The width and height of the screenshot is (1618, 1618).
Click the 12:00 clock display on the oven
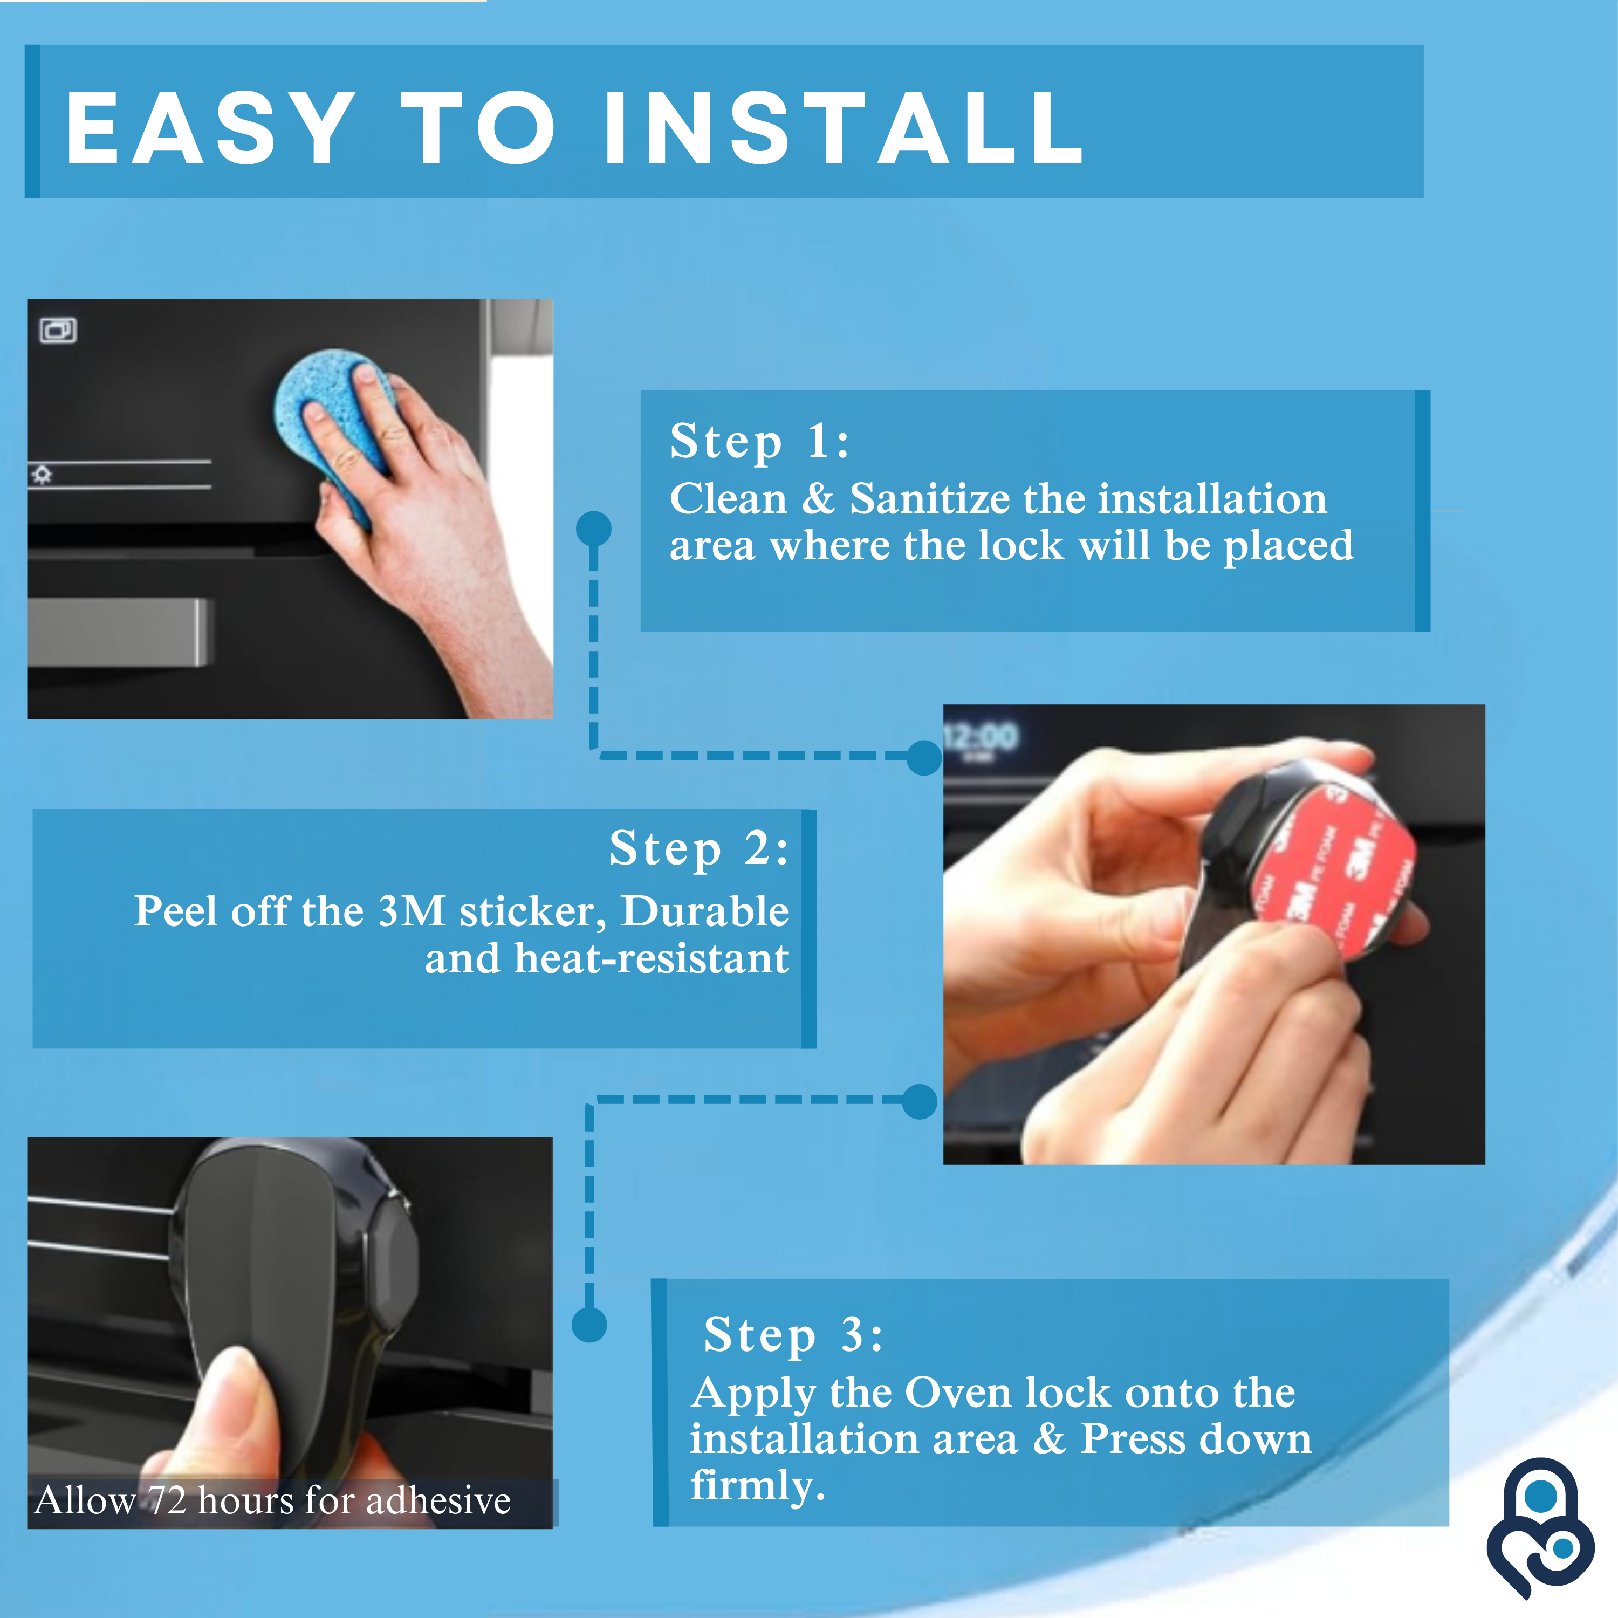982,737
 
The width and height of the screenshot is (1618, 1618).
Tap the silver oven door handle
117,632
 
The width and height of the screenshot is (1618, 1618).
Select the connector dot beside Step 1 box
594,529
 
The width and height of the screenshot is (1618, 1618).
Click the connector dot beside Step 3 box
589,1325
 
